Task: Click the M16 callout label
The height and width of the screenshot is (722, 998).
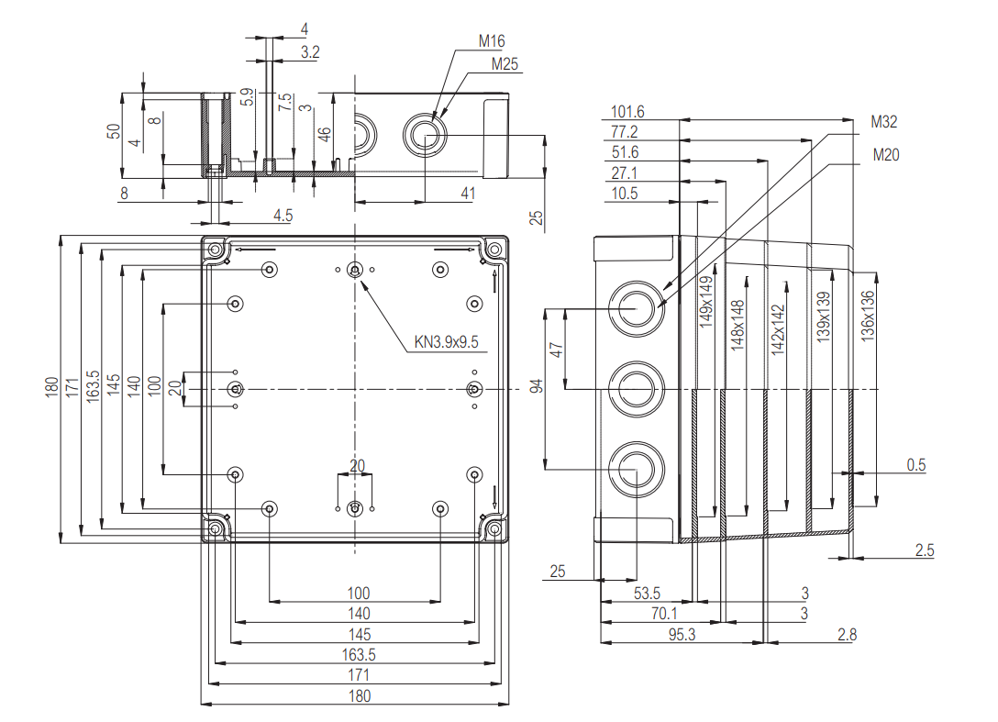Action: tap(492, 41)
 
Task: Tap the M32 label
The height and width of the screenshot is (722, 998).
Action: tap(884, 122)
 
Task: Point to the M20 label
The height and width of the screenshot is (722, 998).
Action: tap(886, 155)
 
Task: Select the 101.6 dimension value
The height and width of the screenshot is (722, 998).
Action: tap(627, 112)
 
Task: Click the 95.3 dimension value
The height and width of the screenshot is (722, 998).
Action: tap(680, 634)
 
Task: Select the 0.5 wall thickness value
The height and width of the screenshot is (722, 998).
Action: tap(916, 465)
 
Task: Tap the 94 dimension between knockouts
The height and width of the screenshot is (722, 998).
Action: tap(537, 387)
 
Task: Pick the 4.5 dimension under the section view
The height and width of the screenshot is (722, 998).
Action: tap(283, 216)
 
